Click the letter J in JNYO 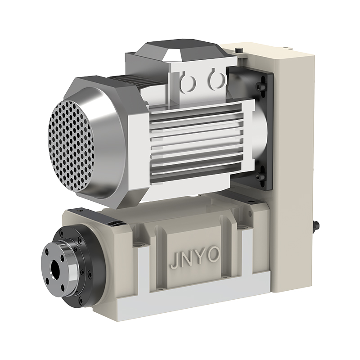click(x=174, y=262)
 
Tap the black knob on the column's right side click(x=316, y=225)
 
